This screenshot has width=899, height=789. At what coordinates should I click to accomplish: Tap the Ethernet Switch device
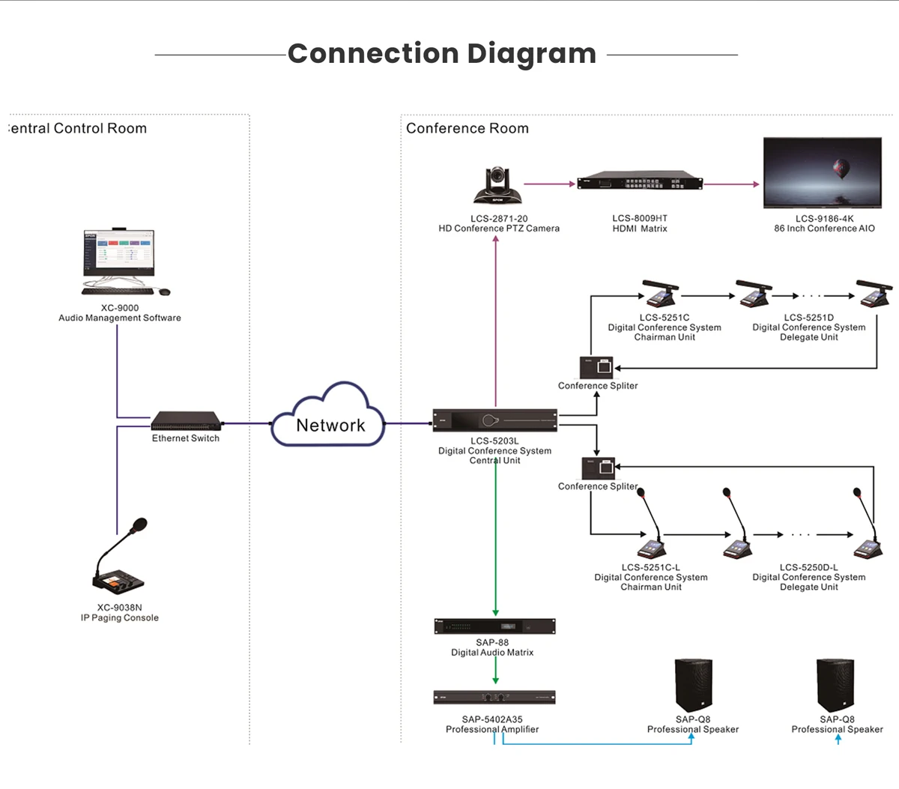tap(186, 420)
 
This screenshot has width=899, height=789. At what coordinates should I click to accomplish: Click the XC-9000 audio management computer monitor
tap(118, 255)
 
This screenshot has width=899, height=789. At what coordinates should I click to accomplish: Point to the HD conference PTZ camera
tap(497, 186)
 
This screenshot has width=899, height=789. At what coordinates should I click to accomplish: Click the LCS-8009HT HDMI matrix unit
tap(640, 183)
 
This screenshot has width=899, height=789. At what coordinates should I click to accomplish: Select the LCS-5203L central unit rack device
tap(495, 420)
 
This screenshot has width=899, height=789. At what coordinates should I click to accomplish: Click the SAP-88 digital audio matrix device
tap(494, 626)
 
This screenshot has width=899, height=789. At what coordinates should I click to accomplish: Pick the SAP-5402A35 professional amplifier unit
tap(494, 698)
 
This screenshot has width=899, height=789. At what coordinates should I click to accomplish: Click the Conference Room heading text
tap(467, 128)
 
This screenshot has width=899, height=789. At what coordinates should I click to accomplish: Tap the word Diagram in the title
tap(531, 54)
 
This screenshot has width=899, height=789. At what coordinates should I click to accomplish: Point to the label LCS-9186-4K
tap(824, 219)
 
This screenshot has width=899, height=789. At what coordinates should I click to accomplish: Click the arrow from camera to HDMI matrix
tap(548, 184)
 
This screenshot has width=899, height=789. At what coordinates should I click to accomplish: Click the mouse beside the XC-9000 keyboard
tap(164, 291)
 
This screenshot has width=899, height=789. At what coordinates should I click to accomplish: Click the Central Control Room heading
tap(78, 128)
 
